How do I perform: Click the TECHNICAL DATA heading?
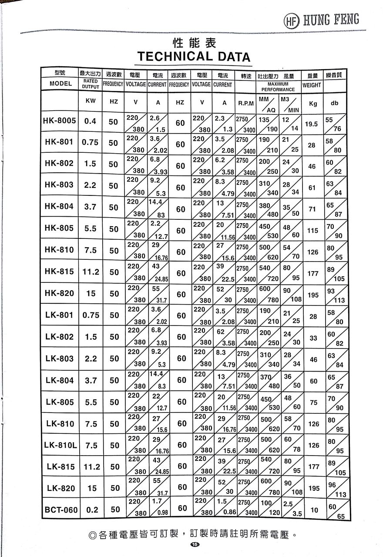[194, 57]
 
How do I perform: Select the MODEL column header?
[60, 84]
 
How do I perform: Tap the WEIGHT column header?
[312, 85]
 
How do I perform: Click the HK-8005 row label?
[60, 121]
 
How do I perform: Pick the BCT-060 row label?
[60, 510]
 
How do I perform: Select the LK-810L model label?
[60, 445]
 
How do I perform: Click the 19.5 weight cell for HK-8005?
[311, 124]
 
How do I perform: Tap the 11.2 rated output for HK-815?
[91, 272]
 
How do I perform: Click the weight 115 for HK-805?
[312, 231]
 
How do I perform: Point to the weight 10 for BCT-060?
[314, 510]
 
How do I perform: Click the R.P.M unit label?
[246, 104]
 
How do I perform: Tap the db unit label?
[334, 103]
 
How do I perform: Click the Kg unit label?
[312, 104]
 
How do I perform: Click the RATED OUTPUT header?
[91, 84]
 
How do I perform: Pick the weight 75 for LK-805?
[314, 403]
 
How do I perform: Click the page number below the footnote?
[195, 544]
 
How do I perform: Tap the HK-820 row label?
[60, 293]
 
